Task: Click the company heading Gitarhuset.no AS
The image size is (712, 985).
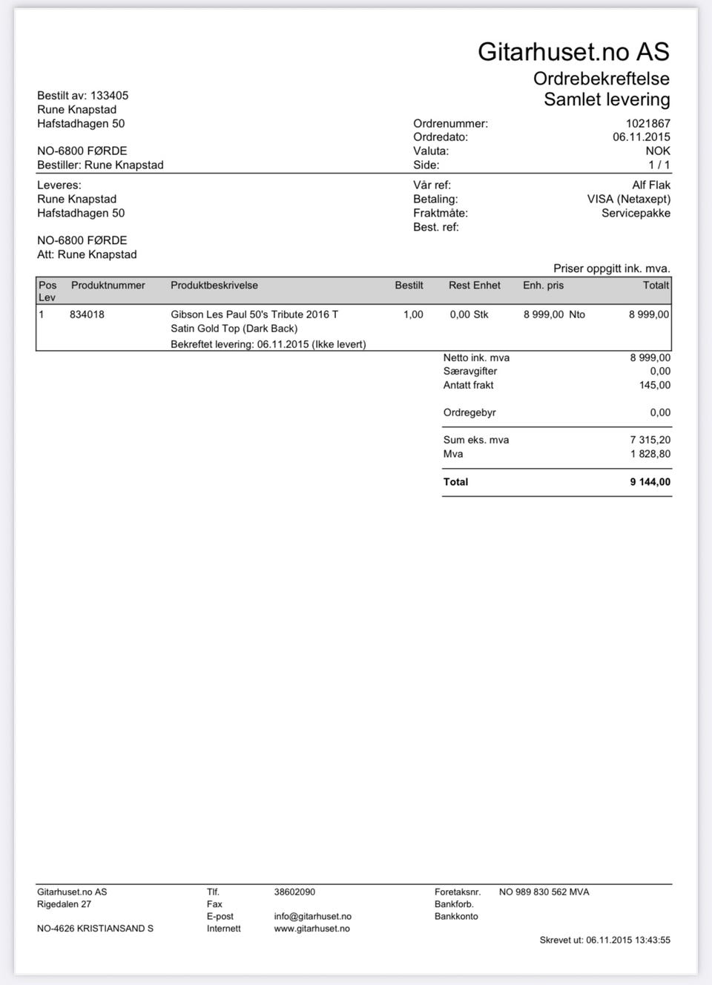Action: click(573, 51)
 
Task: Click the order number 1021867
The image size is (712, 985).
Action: click(647, 124)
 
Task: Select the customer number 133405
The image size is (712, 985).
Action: click(109, 96)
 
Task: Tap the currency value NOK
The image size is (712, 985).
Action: click(657, 151)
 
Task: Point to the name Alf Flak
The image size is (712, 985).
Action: click(650, 185)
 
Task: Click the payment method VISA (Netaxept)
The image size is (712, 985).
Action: click(628, 200)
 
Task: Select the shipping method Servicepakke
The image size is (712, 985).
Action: click(636, 214)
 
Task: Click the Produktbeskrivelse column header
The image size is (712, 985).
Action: click(214, 286)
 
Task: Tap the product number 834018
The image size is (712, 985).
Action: click(87, 314)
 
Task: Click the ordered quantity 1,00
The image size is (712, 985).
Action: click(413, 314)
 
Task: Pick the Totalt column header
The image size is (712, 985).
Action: click(656, 286)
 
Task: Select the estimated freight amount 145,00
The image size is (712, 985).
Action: click(654, 386)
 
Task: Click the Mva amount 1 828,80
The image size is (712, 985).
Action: click(650, 454)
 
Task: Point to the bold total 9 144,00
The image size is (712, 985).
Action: click(650, 482)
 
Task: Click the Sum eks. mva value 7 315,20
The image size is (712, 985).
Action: click(650, 440)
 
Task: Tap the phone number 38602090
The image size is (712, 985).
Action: click(294, 892)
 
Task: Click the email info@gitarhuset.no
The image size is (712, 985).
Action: click(312, 917)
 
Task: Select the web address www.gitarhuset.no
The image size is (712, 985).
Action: click(311, 929)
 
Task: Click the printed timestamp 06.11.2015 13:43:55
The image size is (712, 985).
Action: click(627, 940)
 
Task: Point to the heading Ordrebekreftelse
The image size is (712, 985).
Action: click(601, 79)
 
